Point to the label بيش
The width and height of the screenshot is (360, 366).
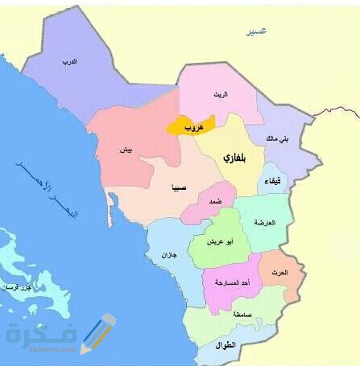click(x=126, y=150)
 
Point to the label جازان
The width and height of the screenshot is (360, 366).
click(x=167, y=254)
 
